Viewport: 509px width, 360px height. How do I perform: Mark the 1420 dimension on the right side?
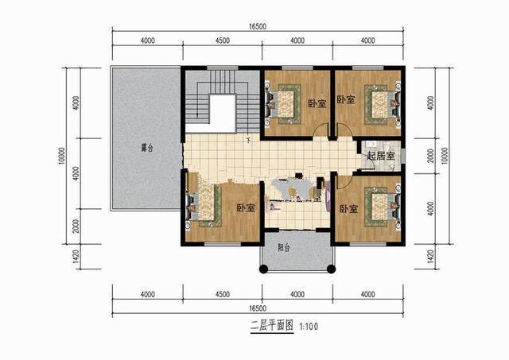point(430,256)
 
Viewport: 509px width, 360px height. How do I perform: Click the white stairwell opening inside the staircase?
point(222,111)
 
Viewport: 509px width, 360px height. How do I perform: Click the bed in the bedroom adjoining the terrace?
point(204,205)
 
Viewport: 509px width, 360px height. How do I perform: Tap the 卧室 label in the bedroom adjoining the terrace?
point(245,208)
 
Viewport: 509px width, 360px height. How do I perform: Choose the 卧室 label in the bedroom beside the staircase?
point(316,103)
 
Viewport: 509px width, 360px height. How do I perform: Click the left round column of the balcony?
point(262,270)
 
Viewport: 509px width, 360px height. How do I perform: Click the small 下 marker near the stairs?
point(248,141)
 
